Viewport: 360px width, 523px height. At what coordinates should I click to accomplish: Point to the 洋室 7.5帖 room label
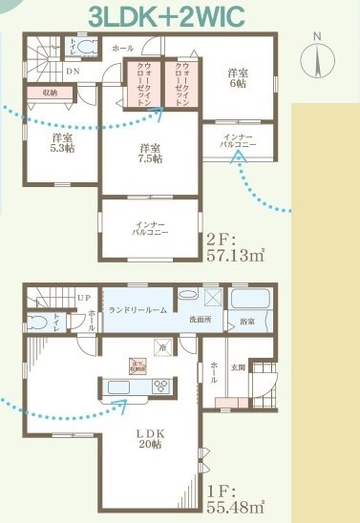[x=148, y=153]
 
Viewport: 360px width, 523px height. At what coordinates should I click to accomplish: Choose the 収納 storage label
[x=45, y=93]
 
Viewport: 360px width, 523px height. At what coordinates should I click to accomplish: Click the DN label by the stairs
[x=72, y=71]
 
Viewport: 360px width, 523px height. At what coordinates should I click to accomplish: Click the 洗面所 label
[x=200, y=318]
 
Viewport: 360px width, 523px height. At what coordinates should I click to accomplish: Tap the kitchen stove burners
[x=160, y=386]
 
